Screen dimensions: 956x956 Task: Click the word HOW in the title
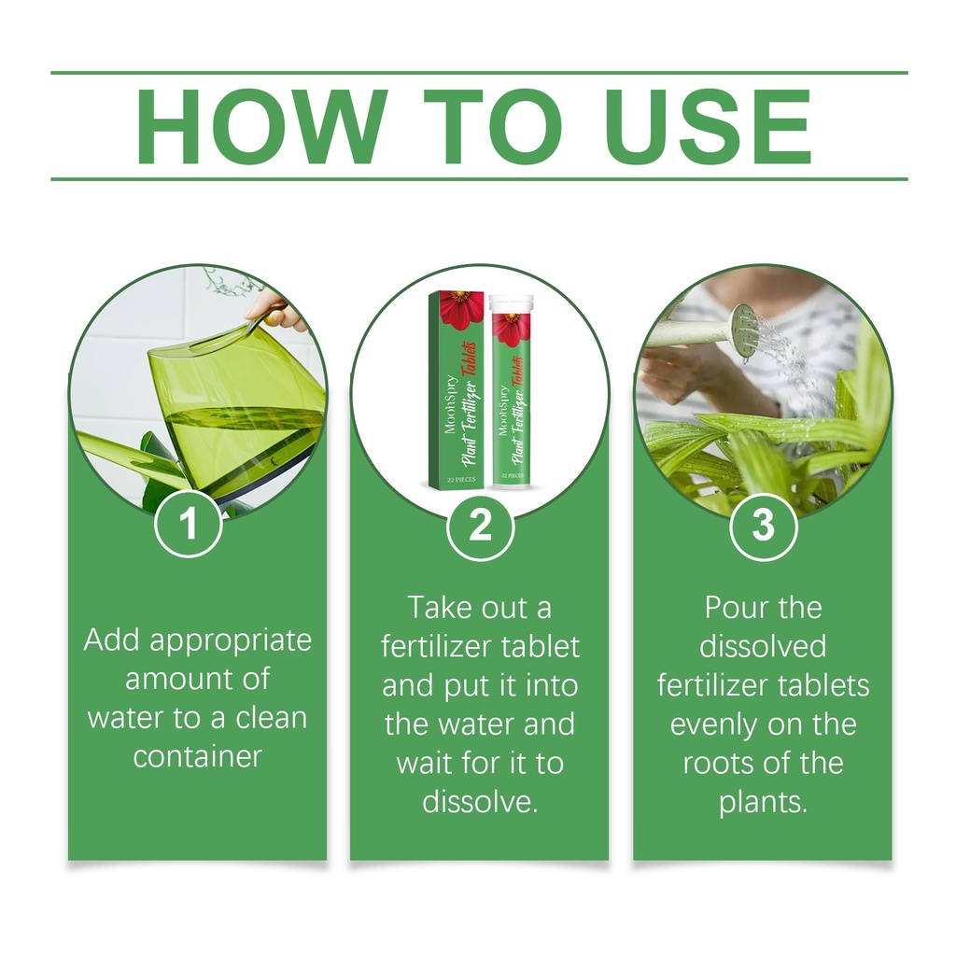[x=262, y=126]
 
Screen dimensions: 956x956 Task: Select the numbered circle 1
[x=189, y=524]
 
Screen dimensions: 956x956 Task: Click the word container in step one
[x=198, y=756]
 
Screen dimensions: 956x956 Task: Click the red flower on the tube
[x=511, y=330]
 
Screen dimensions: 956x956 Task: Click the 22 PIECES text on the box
[x=461, y=479]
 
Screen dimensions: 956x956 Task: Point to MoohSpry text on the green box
[x=451, y=403]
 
